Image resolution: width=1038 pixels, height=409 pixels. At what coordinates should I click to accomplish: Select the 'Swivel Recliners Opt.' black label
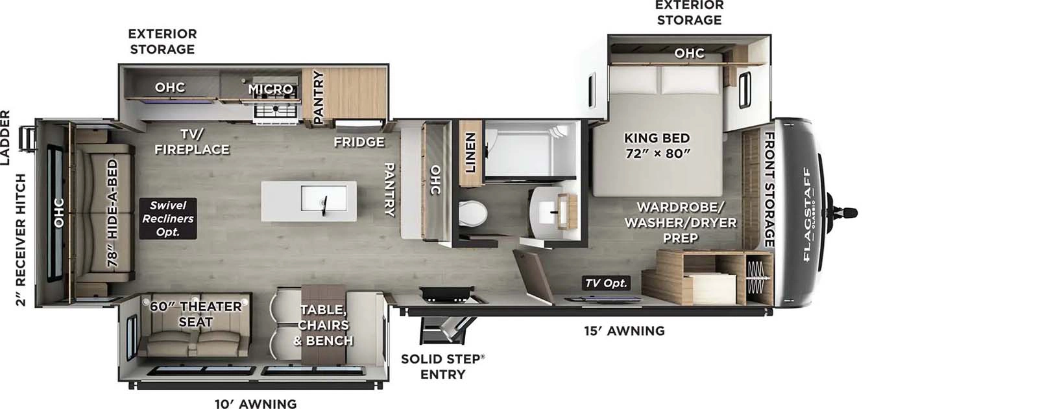point(168,218)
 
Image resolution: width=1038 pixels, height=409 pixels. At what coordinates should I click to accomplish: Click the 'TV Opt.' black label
point(606,283)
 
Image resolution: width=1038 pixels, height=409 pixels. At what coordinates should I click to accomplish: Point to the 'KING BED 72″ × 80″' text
point(657,145)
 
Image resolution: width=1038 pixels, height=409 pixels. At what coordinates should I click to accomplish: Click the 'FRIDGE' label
point(359,141)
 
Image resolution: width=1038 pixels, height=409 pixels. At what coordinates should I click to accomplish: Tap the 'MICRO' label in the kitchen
point(271,89)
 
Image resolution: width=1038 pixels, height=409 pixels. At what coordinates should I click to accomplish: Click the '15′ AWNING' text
point(624,331)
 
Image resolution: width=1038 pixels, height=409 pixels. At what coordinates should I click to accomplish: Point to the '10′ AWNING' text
point(256,403)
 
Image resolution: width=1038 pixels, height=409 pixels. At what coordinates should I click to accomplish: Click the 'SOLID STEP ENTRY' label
point(442,366)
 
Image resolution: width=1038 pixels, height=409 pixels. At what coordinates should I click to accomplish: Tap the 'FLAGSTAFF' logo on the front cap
point(808,214)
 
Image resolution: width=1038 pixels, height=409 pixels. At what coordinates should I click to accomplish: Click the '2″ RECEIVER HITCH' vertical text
point(21,240)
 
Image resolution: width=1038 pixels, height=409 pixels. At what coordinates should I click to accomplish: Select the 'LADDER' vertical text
point(5,137)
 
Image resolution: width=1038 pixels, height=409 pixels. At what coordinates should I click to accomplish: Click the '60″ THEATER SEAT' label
point(195,314)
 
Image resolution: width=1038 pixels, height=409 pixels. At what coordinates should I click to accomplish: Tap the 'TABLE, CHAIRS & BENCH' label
point(324,325)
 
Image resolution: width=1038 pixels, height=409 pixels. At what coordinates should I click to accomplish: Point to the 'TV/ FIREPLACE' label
point(192,141)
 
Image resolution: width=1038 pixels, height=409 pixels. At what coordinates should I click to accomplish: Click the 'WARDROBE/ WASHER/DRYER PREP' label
point(680,222)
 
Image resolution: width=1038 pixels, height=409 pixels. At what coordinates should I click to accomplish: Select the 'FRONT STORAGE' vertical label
point(769,189)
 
